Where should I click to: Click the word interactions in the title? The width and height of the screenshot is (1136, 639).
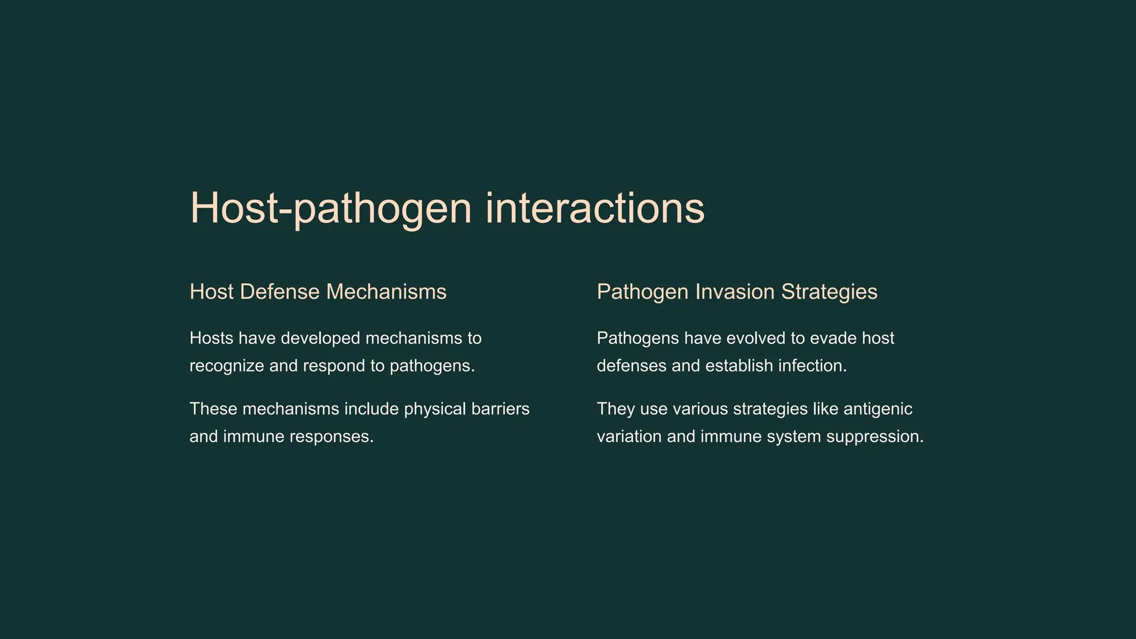[x=595, y=208]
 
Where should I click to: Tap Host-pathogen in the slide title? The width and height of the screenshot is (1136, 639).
[x=331, y=209]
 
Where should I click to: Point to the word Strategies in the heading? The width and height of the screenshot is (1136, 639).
[x=829, y=292]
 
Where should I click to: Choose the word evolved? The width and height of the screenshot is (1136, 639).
[x=759, y=338]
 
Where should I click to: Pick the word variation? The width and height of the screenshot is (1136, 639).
[x=629, y=437]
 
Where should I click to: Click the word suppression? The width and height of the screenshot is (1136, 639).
[x=875, y=437]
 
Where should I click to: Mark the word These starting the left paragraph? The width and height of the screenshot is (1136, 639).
[x=214, y=409]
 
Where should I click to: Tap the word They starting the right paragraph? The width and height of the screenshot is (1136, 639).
[x=616, y=409]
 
